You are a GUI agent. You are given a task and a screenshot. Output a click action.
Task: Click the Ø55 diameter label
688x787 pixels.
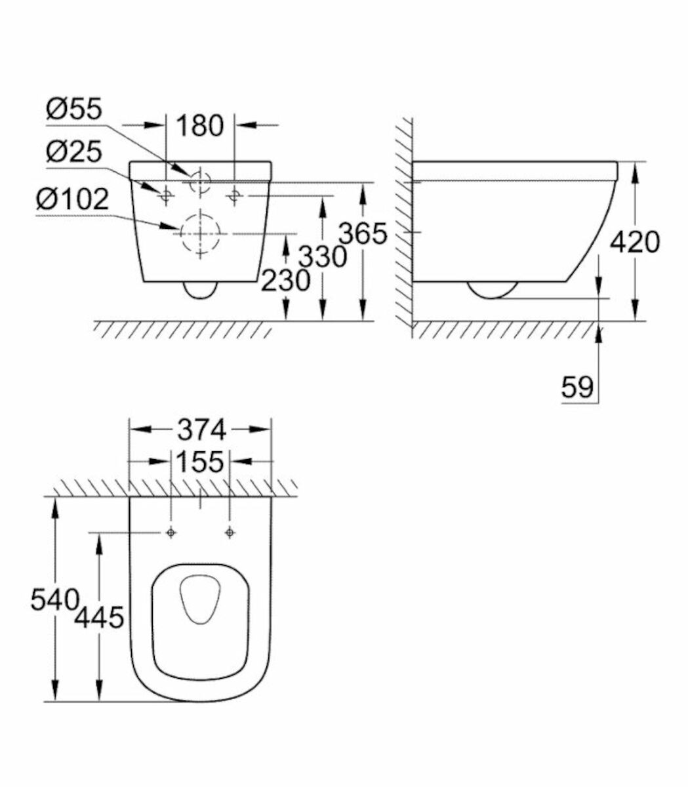coord(74,110)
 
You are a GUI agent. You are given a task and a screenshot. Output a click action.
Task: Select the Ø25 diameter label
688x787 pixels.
coord(74,153)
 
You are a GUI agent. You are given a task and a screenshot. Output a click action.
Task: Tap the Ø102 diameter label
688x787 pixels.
coord(73,199)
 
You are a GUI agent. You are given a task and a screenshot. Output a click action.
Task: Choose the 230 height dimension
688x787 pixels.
coord(286,281)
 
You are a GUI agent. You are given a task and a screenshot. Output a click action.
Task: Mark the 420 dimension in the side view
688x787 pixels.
coord(634,242)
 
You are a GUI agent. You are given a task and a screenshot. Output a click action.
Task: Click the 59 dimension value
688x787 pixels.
coord(577,388)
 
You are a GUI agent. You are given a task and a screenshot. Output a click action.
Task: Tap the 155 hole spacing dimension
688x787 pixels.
coord(200,462)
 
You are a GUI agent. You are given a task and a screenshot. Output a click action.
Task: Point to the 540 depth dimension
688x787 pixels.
coord(54,599)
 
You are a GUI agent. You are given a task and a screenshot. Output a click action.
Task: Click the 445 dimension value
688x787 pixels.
coord(99,616)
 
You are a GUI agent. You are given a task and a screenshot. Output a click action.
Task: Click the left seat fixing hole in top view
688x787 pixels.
coord(171,533)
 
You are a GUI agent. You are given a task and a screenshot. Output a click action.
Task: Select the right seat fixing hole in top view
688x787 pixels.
coord(229,533)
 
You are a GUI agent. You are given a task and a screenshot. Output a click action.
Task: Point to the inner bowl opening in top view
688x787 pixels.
coord(200,598)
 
